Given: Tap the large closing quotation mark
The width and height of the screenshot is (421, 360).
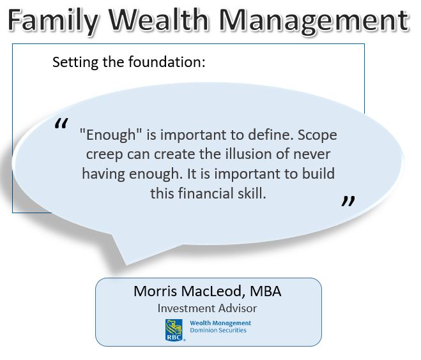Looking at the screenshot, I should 348,201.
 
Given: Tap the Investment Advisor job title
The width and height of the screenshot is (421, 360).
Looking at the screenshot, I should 207,308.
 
